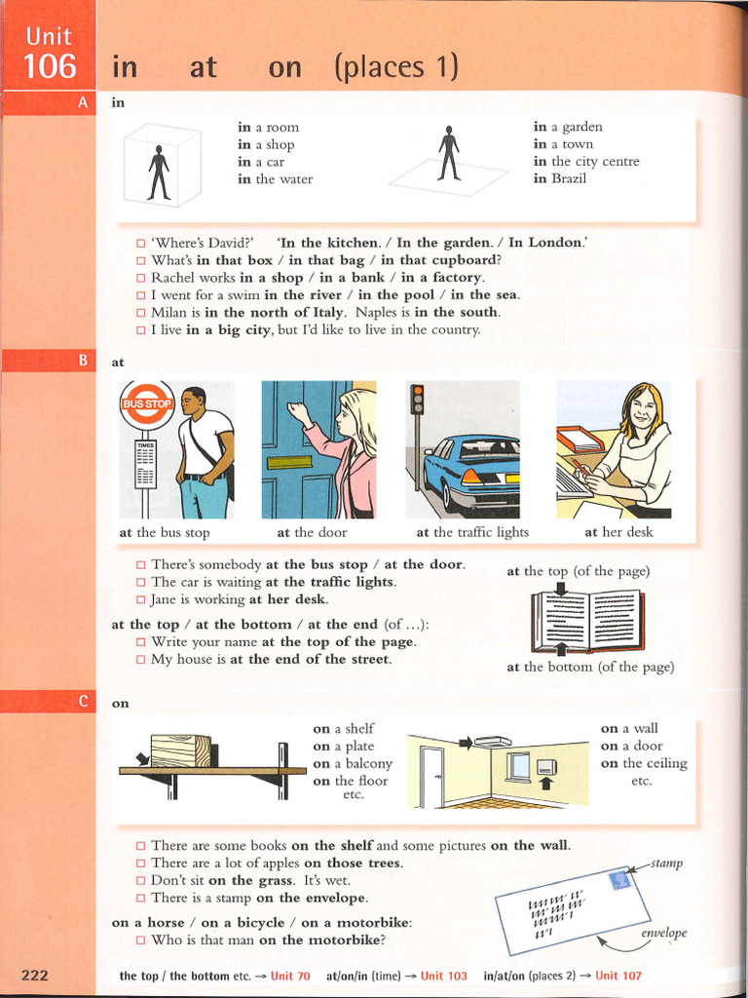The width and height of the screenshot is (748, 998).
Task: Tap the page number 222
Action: click(41, 975)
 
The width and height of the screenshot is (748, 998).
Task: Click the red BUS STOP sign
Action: click(146, 403)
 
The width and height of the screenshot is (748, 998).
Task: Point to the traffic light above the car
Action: click(418, 401)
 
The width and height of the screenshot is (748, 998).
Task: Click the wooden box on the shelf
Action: click(180, 750)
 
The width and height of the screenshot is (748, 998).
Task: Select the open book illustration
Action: click(587, 620)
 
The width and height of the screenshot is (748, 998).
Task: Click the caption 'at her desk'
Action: click(618, 532)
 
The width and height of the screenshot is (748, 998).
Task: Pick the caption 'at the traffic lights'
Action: click(472, 532)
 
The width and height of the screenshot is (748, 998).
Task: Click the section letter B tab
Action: click(83, 361)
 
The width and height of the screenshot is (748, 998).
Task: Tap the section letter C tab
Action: click(83, 701)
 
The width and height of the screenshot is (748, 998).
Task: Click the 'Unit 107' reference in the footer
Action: click(618, 976)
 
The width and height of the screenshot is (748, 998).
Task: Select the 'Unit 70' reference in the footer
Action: click(290, 976)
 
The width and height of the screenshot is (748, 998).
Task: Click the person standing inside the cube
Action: click(159, 173)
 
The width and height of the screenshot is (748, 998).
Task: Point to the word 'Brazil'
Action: click(569, 179)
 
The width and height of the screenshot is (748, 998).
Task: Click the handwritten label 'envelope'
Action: click(663, 933)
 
